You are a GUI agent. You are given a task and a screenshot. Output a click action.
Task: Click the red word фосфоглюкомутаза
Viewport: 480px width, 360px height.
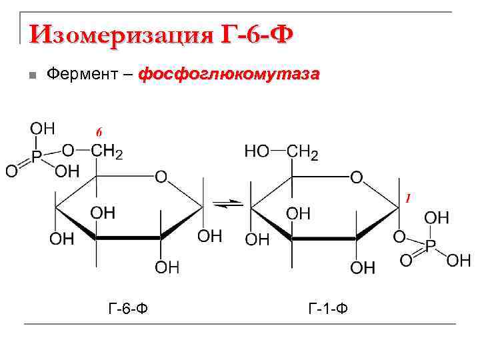(229, 73)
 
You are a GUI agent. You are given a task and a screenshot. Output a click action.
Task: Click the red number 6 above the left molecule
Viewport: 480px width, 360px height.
(99, 131)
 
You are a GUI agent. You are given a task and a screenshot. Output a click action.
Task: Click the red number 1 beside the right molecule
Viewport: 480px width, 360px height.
(407, 198)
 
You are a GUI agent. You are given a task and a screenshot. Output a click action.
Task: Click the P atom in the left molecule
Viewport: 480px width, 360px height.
(37, 156)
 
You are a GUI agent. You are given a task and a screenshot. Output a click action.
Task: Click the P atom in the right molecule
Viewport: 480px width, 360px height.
(430, 245)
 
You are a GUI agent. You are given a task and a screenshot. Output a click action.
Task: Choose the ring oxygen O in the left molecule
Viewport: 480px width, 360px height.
(161, 177)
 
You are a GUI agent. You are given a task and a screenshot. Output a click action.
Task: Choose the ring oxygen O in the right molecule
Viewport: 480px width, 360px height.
(356, 177)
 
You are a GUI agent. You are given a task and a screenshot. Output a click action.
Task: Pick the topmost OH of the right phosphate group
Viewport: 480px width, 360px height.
(437, 217)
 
